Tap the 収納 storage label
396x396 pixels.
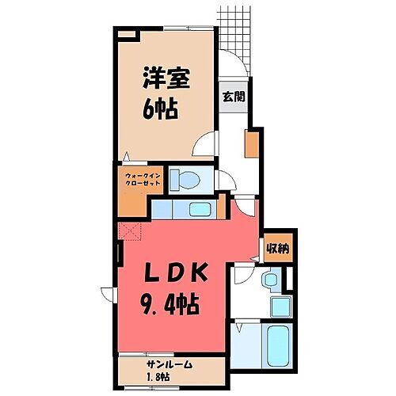[276, 248]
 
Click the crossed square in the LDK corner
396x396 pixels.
[128, 230]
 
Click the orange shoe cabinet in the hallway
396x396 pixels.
[250, 143]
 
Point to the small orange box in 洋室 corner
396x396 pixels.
[126, 33]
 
